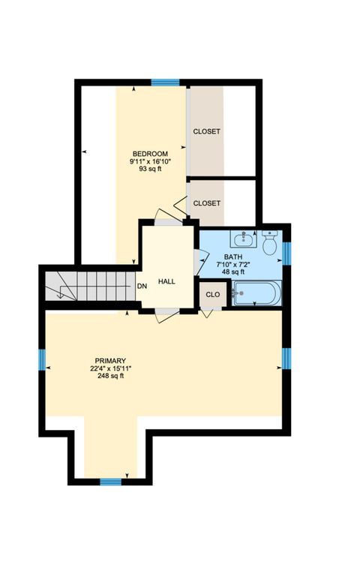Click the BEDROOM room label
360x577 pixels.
point(150,154)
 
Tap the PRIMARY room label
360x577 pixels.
point(110,360)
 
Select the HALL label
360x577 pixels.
point(166,281)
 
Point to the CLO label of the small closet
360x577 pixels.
point(213,294)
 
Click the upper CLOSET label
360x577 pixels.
point(207,131)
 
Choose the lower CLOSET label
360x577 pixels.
point(207,203)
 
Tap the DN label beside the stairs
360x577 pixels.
point(142,286)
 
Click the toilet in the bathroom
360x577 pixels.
point(271,242)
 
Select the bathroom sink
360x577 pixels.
point(242,240)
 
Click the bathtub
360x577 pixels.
point(256,293)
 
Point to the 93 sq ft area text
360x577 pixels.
point(150,169)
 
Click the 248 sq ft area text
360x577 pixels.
point(110,376)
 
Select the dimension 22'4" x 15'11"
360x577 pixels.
point(110,368)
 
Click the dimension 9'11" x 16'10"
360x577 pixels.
point(150,161)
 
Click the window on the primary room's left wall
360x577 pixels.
point(43,360)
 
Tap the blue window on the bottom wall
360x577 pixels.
point(111,481)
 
